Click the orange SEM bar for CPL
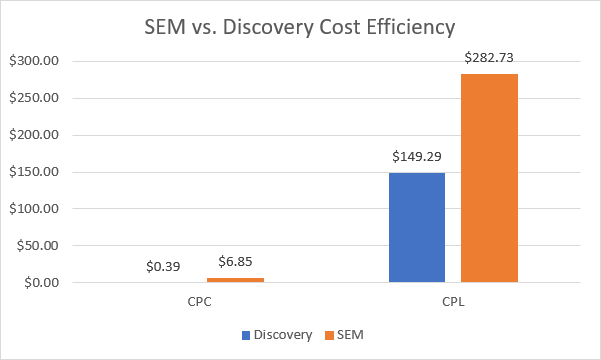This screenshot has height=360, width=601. point(490,178)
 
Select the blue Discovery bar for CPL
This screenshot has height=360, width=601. point(417,227)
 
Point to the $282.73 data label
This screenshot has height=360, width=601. point(490,57)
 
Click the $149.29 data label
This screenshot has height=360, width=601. point(416,156)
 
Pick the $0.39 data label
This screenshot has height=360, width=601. point(164,267)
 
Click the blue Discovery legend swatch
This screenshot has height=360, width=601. point(246,334)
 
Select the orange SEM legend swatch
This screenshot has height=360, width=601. point(329,334)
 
